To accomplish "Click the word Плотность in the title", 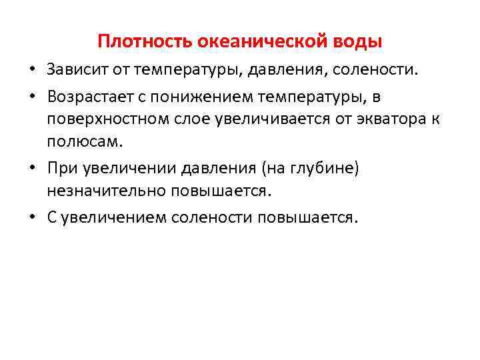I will pyautogui.click(x=144, y=42).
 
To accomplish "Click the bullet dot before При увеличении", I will pyautogui.click(x=32, y=169).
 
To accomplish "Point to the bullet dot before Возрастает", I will pyautogui.click(x=32, y=99).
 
